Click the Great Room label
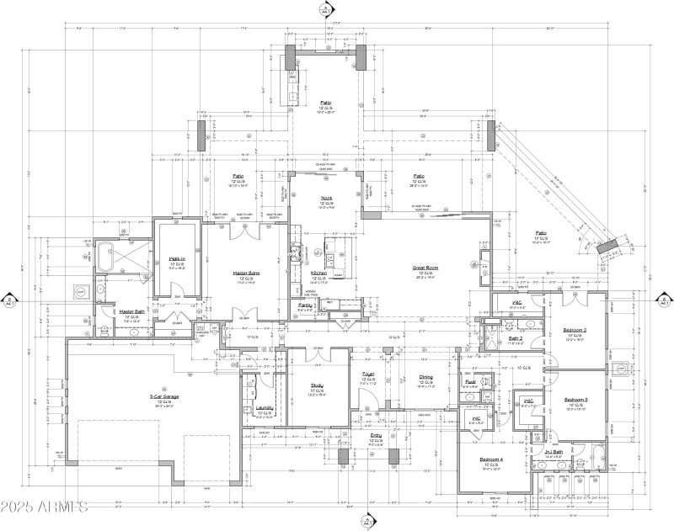point(422,268)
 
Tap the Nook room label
point(326,199)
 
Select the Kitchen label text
point(318,273)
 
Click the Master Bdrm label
point(250,273)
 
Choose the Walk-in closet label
point(177,259)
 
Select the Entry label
point(376,435)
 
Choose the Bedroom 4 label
point(491,459)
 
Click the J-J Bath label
point(554,451)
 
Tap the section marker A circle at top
point(324,9)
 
